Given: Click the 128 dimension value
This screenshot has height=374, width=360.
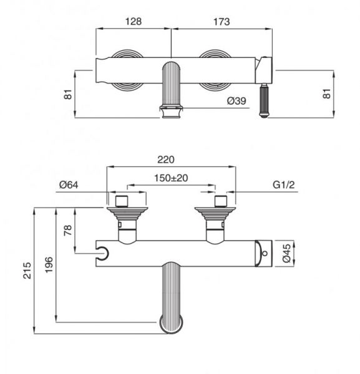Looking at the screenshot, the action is tap(134, 21).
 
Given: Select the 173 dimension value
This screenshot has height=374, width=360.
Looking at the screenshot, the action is tap(221, 22).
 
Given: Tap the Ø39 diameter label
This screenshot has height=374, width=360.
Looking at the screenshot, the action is tap(236, 101).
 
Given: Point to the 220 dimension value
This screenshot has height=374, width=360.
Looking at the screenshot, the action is tap(166, 160).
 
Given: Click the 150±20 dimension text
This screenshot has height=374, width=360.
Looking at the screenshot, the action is tap(171, 178).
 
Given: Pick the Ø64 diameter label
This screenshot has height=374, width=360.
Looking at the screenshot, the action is tap(69, 185).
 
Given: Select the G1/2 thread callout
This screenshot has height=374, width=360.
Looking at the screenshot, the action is tap(284, 185).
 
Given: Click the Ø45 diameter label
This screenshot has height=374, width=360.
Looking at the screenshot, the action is tap(287, 253).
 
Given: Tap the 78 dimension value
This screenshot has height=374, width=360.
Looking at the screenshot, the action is tap(68, 230).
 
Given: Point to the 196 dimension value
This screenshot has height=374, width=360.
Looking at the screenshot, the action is tap(49, 265).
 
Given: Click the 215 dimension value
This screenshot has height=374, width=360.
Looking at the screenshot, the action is tap(27, 271).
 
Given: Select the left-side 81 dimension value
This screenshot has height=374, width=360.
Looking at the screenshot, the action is tap(68, 94).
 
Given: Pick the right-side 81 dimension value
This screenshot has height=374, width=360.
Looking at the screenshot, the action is tap(327, 93).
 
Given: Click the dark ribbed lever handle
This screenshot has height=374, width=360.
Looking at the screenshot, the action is tap(264, 100).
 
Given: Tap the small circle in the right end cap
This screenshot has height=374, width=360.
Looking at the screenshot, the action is tap(265, 253).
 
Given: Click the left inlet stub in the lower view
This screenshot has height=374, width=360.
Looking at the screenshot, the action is tap(122, 201).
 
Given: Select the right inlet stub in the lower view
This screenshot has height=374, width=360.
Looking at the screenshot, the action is tap(221, 201).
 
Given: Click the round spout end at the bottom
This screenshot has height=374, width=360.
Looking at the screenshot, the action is tap(172, 324).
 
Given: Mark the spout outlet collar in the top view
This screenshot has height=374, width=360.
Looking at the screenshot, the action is tap(171, 112).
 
